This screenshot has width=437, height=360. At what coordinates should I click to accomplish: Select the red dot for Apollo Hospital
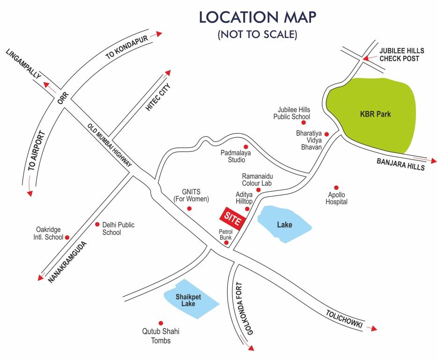pyautogui.click(x=336, y=187)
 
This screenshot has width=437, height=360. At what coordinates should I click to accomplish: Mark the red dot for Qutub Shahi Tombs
pyautogui.click(x=161, y=323)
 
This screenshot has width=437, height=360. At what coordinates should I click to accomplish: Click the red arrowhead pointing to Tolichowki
pyautogui.click(x=373, y=328)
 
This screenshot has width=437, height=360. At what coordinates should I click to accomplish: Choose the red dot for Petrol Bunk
pyautogui.click(x=226, y=243)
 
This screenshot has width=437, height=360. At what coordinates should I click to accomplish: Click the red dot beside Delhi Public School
pyautogui.click(x=97, y=225)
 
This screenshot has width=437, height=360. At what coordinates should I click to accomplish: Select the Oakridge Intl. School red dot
pyautogui.click(x=67, y=238)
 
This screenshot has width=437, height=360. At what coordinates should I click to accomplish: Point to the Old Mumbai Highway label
pyautogui.click(x=110, y=145)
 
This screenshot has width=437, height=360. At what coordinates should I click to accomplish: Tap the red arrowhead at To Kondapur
pyautogui.click(x=159, y=33)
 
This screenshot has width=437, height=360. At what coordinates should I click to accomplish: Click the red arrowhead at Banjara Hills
pyautogui.click(x=433, y=161)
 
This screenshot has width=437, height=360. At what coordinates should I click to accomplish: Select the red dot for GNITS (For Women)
pyautogui.click(x=190, y=209)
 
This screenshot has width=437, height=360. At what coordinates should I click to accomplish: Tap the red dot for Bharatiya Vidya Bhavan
pyautogui.click(x=327, y=134)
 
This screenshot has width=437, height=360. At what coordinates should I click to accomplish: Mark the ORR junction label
pyautogui.click(x=63, y=98)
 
